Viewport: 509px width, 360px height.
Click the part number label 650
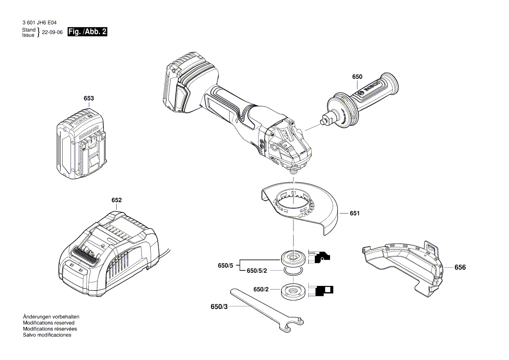[x=357, y=77]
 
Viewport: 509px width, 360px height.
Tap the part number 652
[x=116, y=200]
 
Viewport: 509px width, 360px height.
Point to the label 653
[x=88, y=98]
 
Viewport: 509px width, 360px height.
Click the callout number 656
[x=460, y=267]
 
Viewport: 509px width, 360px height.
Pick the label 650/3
[x=219, y=307]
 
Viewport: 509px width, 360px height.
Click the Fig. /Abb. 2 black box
[x=88, y=32]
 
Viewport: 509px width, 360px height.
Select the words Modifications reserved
[x=48, y=323]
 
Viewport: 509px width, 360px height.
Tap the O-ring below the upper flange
[x=292, y=271]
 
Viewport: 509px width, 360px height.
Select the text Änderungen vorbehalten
[x=51, y=317]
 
